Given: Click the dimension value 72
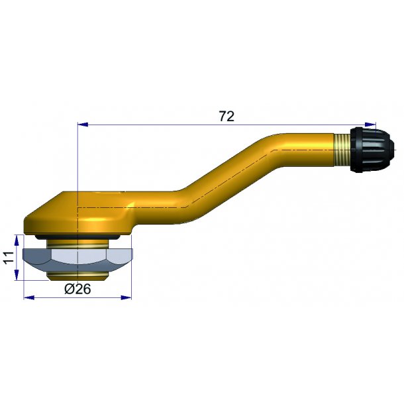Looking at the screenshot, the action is (227, 117).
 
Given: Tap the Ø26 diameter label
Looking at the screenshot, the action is (77, 289).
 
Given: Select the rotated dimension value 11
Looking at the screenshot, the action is (9, 257).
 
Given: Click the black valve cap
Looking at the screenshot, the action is (372, 150).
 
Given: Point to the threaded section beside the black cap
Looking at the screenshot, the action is (342, 150).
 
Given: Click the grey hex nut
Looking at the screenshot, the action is (77, 260).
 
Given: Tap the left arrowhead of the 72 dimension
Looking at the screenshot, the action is (83, 125).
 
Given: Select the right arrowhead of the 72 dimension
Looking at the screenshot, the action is (370, 125).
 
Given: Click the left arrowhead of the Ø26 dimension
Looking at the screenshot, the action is (29, 297).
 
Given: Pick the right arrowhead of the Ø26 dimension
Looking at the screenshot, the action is (126, 297).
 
